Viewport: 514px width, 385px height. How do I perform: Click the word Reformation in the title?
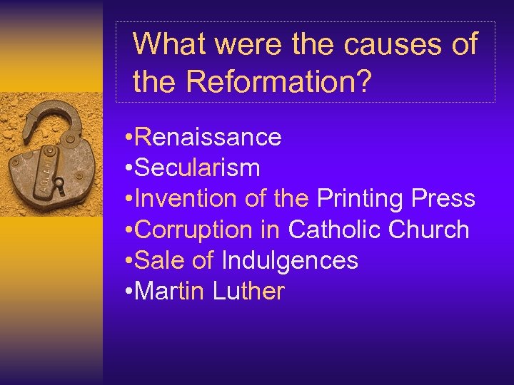(271, 82)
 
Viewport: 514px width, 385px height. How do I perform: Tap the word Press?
(443, 199)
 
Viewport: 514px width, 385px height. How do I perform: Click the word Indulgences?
(290, 261)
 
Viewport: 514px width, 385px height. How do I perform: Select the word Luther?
(248, 292)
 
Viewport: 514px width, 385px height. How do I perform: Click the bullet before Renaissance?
(126, 138)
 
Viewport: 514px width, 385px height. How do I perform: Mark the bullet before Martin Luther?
(126, 292)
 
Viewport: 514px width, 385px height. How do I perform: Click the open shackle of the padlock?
(47, 118)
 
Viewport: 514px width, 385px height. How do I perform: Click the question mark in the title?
(363, 82)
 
